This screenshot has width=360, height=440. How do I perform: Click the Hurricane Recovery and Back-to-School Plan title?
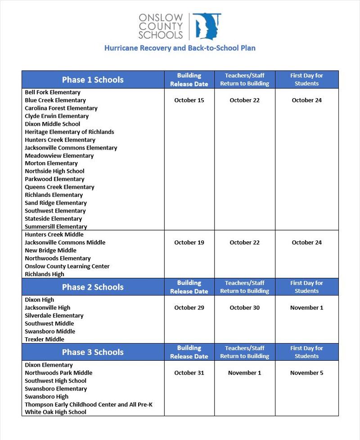pos(180,47)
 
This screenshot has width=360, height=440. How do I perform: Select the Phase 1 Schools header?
pos(93,80)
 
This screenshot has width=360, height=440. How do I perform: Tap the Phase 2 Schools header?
pos(93,287)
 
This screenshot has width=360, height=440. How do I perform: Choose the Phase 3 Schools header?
pos(93,352)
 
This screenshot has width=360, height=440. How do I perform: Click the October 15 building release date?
pos(189,100)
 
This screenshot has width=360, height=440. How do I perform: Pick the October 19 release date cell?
pos(189,242)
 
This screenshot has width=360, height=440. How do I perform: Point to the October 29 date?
pos(189,308)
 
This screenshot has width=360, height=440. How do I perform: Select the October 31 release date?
pos(189,373)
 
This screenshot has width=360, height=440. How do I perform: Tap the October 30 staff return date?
pos(244,308)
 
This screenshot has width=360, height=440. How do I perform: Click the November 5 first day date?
pos(306,373)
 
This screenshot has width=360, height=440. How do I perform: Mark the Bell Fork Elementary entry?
pos(53,92)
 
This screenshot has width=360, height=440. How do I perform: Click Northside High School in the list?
pos(54,171)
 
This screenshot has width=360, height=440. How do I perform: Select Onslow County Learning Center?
pos(67,266)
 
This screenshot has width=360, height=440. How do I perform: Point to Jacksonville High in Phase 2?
pos(47,308)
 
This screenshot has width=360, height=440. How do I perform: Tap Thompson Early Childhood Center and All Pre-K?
pos(89,404)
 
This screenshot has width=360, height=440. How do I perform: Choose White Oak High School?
pos(55,412)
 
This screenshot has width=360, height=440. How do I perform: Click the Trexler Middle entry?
pos(45,339)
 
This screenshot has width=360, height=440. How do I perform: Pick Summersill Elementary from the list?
pos(56,227)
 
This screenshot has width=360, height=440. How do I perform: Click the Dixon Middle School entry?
pos(52,124)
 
